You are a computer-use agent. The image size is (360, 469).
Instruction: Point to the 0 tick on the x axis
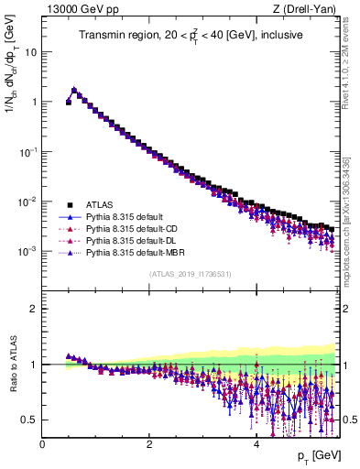[43, 444]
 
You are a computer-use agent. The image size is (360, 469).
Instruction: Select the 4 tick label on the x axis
[256, 444]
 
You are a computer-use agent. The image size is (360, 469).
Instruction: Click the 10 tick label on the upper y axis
[29, 51]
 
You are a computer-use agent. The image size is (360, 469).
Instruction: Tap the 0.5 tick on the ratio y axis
[29, 420]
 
